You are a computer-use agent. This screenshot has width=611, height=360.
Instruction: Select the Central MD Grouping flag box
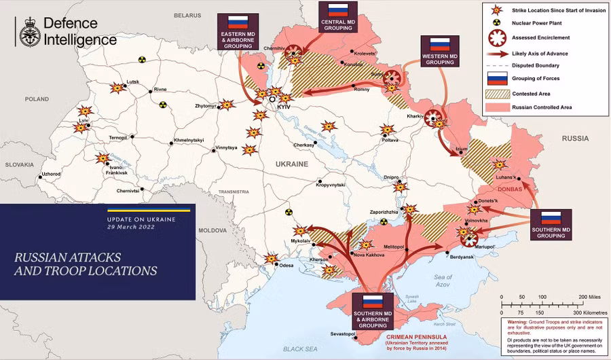pos(338,16)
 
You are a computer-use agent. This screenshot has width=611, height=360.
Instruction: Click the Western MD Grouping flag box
pos(440,51)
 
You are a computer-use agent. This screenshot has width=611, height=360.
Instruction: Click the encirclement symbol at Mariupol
pos(468,235)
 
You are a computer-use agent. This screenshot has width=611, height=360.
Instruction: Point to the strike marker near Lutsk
pos(117,88)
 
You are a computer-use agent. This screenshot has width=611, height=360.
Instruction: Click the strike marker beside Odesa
pos(272,258)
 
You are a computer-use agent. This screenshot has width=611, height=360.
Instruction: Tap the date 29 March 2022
pos(131,227)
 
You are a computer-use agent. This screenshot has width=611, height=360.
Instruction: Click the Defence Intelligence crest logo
pos(29,32)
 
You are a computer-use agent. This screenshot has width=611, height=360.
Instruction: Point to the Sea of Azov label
pos(443,280)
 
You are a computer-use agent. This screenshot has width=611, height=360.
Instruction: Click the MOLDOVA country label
pos(212,231)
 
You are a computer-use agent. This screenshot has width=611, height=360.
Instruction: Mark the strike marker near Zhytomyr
pos(227,105)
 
